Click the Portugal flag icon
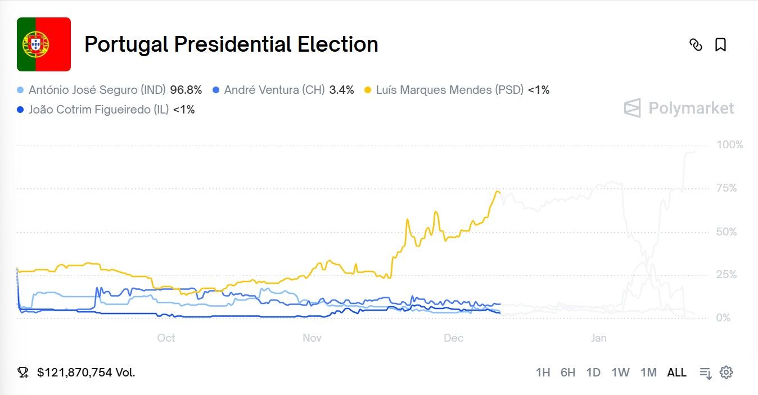point(44,44)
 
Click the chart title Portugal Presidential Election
point(231,44)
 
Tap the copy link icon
point(696,45)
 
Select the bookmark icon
point(720,45)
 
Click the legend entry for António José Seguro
point(97,90)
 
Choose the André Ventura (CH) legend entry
point(274,90)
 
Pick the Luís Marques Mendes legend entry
point(449,90)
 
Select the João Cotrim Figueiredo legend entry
point(98,110)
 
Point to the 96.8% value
point(186,90)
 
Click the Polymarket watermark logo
point(679,108)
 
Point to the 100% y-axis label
point(729,145)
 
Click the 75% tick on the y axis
point(727,188)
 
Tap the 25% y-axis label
point(727,275)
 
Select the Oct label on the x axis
point(166,338)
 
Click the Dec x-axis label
point(453,338)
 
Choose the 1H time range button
point(543,373)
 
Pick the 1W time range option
point(620,373)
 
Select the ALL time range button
point(676,373)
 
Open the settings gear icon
point(727,372)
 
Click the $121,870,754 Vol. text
point(85,373)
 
